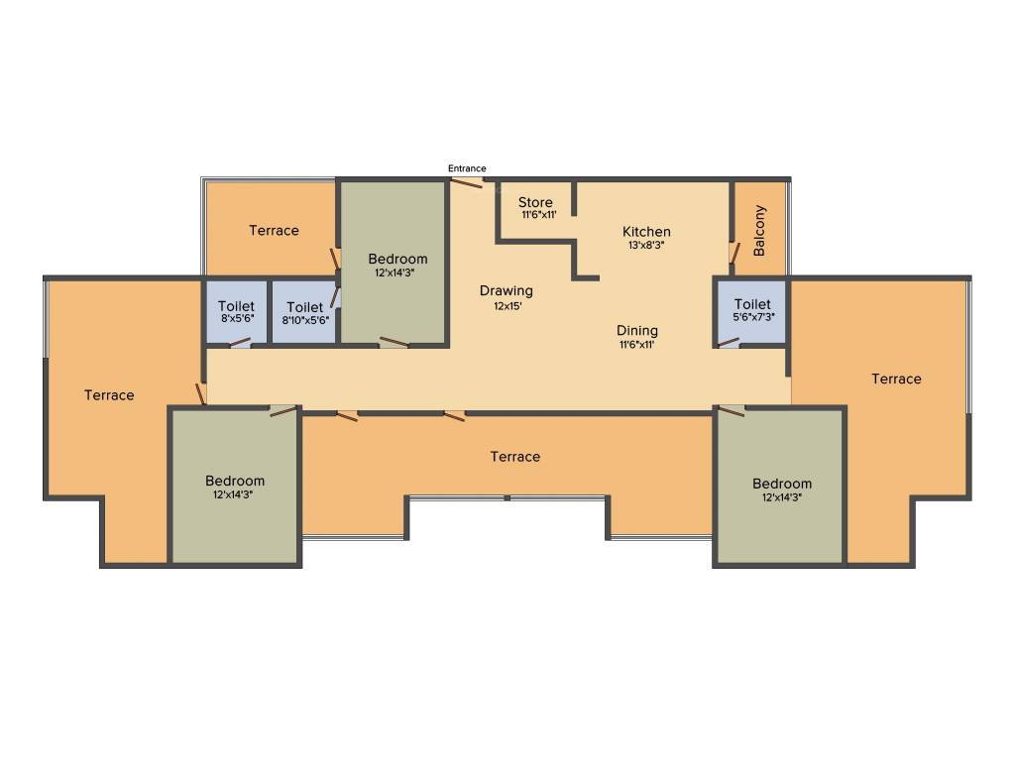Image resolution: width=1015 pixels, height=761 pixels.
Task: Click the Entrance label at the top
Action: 467,168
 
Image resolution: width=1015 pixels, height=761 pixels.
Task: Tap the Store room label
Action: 535,203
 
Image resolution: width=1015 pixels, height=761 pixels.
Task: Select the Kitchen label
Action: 646,232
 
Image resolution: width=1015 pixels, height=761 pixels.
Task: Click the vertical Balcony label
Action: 760,231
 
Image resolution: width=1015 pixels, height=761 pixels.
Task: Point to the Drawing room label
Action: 507,290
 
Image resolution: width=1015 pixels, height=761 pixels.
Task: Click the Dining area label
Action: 637,331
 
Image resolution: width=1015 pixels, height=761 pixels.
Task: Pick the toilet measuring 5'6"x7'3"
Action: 752,310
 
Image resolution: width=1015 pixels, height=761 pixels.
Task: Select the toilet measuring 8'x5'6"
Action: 236,313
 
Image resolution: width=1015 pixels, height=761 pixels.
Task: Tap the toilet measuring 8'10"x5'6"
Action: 303,313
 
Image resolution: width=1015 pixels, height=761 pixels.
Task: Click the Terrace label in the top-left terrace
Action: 274,231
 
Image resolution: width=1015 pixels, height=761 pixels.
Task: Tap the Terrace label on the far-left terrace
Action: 109,395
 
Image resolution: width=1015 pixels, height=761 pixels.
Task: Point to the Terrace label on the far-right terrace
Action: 896,379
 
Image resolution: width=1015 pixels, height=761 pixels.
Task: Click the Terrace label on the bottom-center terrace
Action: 515,457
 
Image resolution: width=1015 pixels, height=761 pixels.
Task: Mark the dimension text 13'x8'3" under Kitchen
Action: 646,245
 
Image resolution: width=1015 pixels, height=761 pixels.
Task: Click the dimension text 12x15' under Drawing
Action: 507,306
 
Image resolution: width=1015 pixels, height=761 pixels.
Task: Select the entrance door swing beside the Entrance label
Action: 467,182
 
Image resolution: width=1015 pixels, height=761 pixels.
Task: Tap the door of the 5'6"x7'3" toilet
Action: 729,343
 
